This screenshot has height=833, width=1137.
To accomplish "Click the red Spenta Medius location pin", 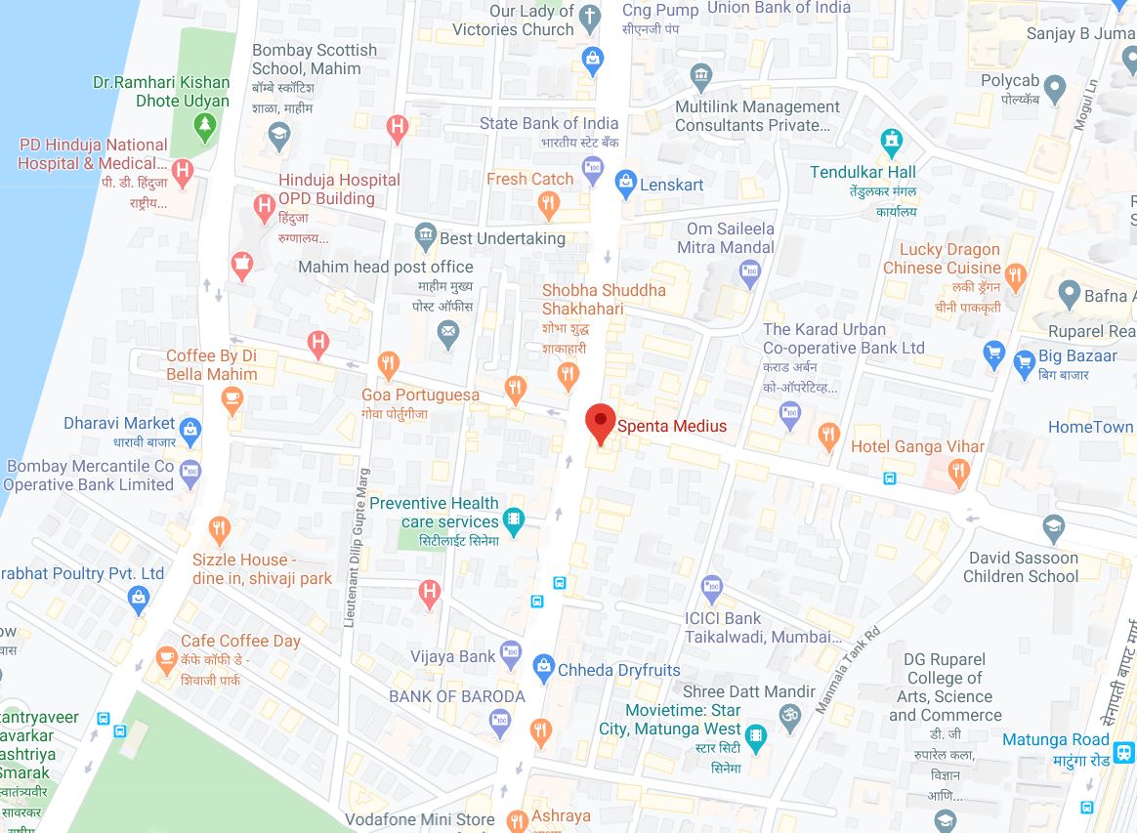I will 600,423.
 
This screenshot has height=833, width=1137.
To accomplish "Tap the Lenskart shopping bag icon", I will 625,183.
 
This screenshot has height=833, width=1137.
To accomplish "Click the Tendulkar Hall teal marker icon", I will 890,140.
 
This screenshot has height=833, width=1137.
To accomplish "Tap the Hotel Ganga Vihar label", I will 917,446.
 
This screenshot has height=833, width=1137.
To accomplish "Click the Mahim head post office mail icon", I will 448,336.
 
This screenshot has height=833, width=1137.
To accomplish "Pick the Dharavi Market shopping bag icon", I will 190,429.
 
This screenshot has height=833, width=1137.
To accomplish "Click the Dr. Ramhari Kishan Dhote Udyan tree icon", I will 204,125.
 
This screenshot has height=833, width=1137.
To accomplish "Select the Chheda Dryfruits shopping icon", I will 543,670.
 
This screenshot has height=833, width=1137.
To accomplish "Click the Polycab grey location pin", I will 1054,91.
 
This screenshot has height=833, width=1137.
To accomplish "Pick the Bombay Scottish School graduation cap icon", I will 279,135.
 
